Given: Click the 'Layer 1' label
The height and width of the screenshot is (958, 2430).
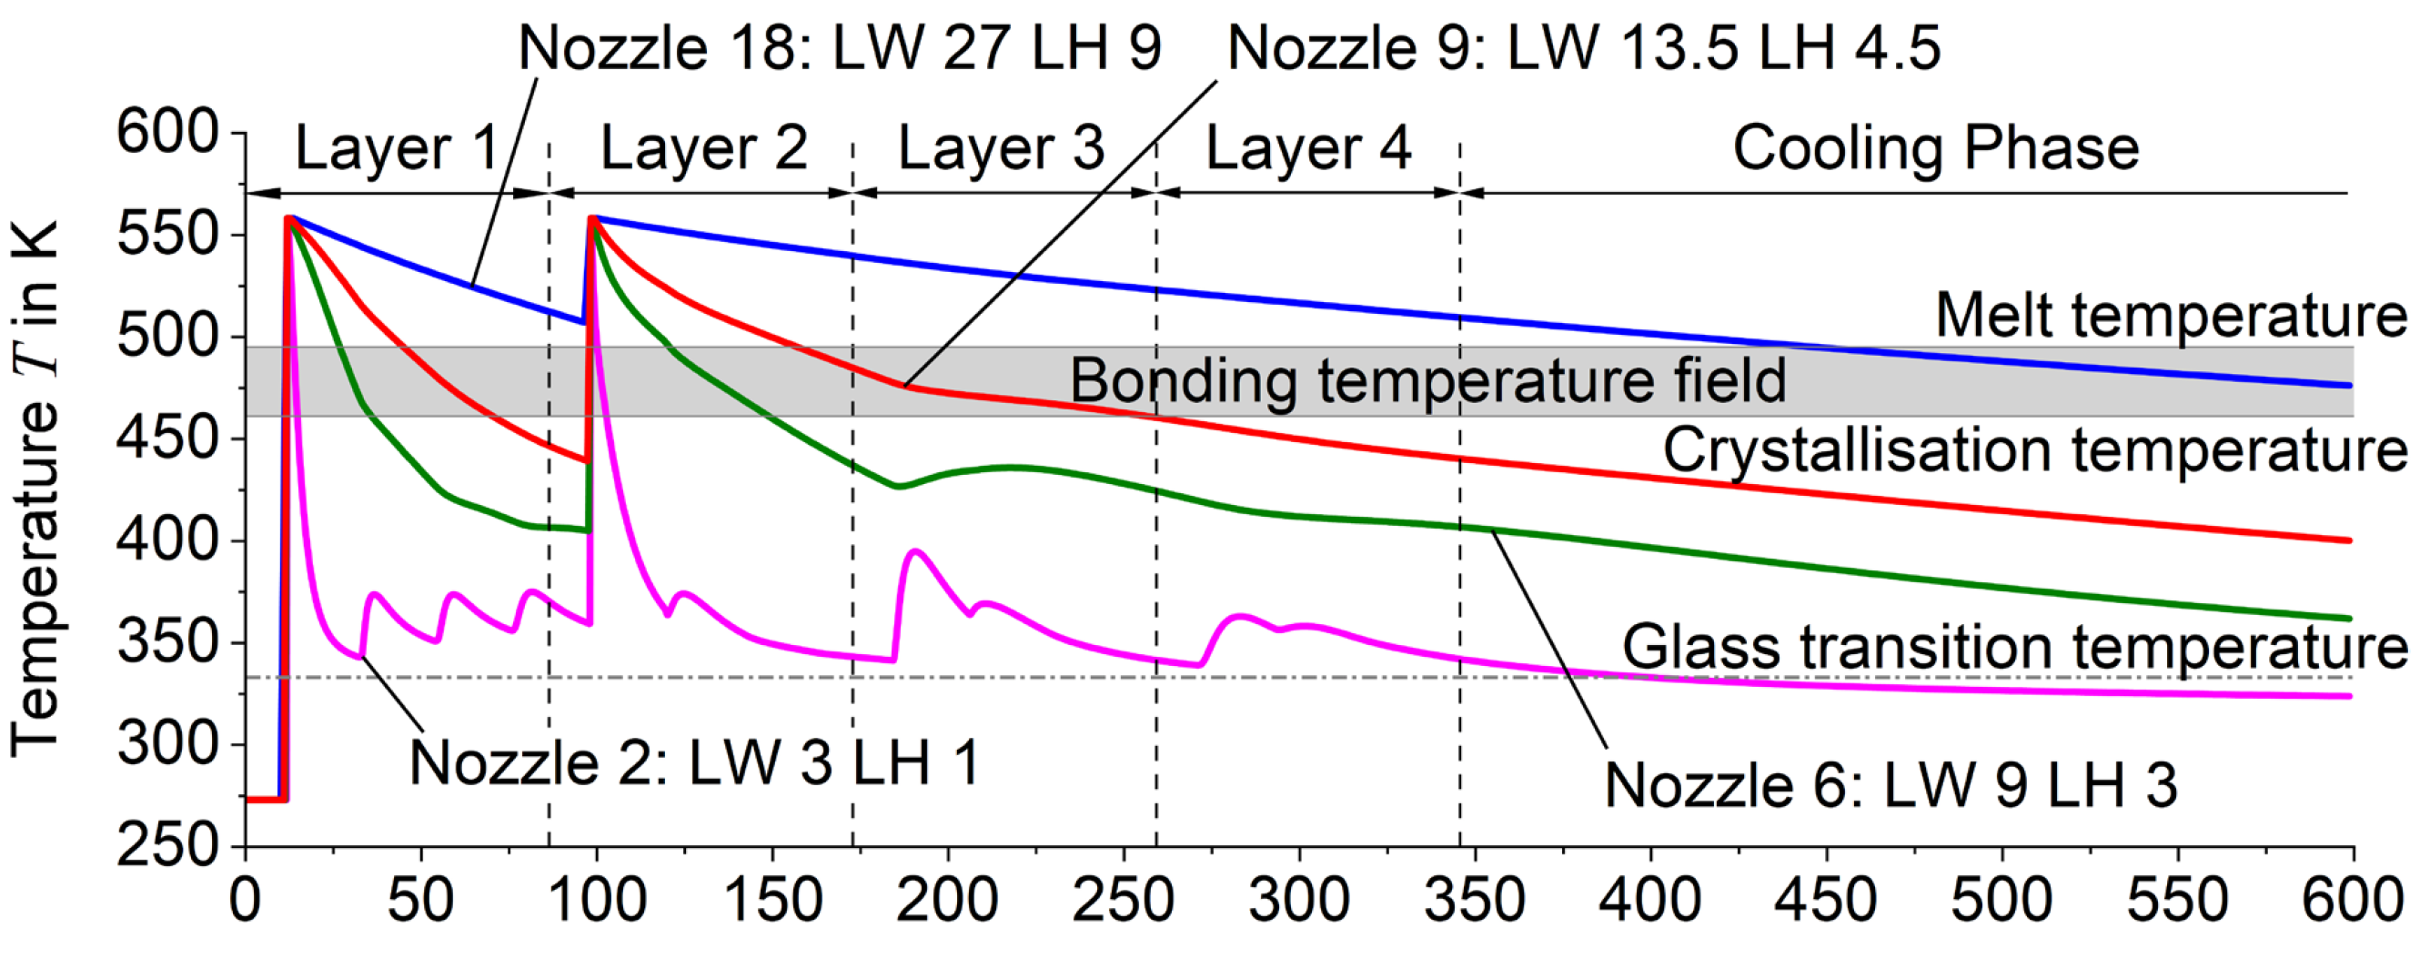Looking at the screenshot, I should click(x=396, y=148).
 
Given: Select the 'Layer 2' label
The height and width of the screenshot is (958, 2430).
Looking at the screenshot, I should click(x=704, y=148).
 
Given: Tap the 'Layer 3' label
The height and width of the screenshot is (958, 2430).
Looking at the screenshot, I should click(x=1001, y=148).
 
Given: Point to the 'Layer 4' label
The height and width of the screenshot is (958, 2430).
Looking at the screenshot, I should click(x=1308, y=148).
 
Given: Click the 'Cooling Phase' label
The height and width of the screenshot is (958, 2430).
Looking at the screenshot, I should click(x=1936, y=148).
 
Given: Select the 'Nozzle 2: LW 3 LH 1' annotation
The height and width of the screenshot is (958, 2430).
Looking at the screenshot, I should click(x=694, y=761).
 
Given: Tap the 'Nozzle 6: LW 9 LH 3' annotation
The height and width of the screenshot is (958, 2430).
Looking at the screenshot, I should click(x=1891, y=784).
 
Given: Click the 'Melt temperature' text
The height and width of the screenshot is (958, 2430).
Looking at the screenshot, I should click(x=2171, y=315).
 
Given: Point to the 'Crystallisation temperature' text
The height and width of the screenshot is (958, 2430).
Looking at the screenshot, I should click(x=2035, y=449).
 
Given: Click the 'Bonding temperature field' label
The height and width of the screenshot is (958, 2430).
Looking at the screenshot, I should click(x=1427, y=380).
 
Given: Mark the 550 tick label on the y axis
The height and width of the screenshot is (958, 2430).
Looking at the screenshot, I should click(x=167, y=235).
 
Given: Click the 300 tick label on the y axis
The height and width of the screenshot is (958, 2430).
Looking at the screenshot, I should click(x=167, y=745).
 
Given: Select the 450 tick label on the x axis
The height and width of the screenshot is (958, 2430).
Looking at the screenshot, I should click(x=1826, y=900).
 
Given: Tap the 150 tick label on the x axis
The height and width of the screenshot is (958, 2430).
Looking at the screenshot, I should click(x=772, y=900).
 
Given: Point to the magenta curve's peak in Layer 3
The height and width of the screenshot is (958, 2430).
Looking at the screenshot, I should click(x=914, y=550).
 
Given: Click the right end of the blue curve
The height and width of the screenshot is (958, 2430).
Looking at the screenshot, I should click(x=2350, y=386).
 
